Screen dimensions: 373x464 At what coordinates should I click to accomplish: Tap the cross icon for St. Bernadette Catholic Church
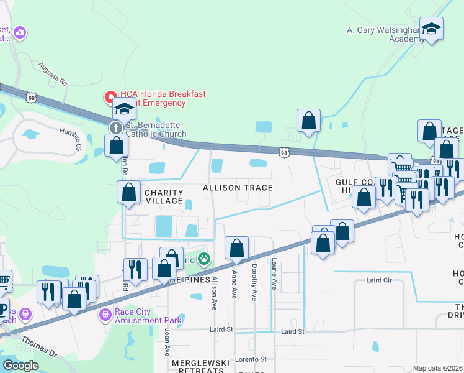pyautogui.click(x=115, y=128)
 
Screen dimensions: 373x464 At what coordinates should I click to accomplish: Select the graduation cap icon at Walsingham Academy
pyautogui.click(x=431, y=29)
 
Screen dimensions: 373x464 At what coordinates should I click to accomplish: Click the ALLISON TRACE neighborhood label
pyautogui.click(x=238, y=188)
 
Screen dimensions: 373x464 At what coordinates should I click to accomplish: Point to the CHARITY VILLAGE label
pyautogui.click(x=164, y=196)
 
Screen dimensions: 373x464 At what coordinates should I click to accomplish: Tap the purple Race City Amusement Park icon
pyautogui.click(x=105, y=316)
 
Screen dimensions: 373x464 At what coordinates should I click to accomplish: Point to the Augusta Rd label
pyautogui.click(x=52, y=73)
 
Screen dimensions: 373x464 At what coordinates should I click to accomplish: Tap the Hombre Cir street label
pyautogui.click(x=70, y=139)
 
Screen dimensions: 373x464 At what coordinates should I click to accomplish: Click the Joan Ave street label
pyautogui.click(x=166, y=342)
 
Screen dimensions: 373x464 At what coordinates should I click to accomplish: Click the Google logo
pyautogui.click(x=20, y=365)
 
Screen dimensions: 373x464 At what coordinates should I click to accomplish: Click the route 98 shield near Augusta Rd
pyautogui.click(x=32, y=98)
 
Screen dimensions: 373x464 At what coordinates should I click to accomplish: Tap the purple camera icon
pyautogui.click(x=19, y=32)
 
